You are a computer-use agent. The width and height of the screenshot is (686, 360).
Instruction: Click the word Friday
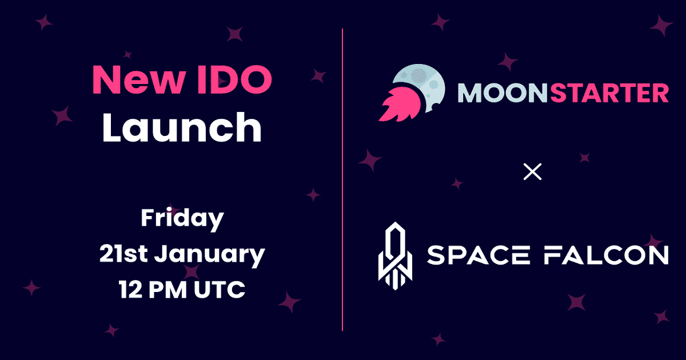pos(182,219)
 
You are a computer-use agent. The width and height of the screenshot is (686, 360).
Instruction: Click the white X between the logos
pos(532,171)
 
